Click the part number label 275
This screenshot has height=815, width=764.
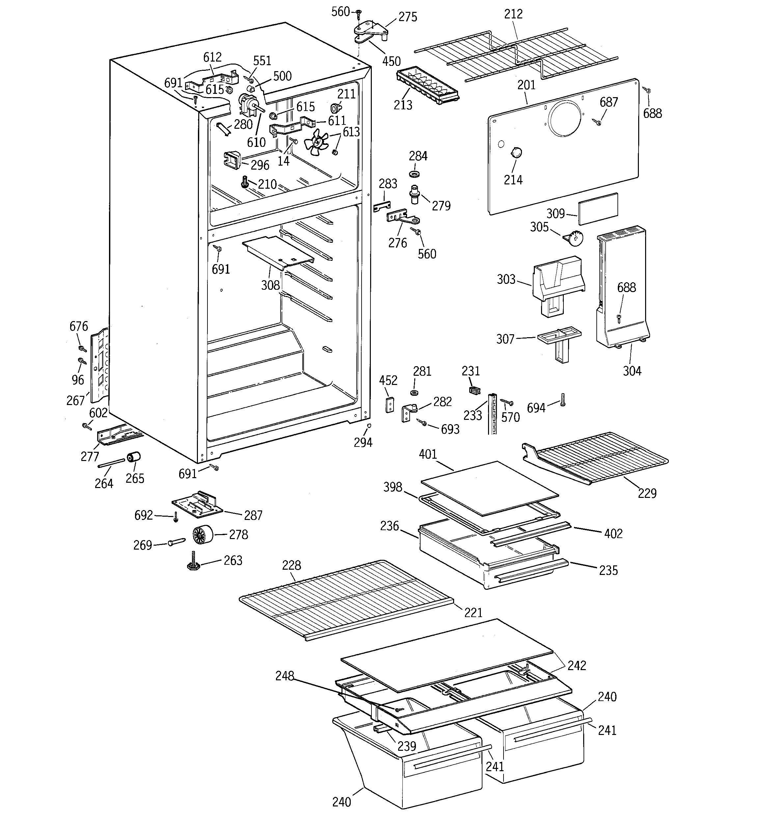(408, 17)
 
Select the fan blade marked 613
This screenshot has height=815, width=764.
(316, 142)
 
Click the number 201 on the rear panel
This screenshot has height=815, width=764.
(526, 85)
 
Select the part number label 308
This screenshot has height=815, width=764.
(270, 285)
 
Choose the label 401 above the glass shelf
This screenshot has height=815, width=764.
(428, 454)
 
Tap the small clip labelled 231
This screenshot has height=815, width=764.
(475, 390)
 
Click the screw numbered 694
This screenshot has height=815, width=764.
(563, 400)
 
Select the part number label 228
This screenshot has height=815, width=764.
(291, 565)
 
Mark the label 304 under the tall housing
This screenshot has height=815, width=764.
(632, 371)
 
